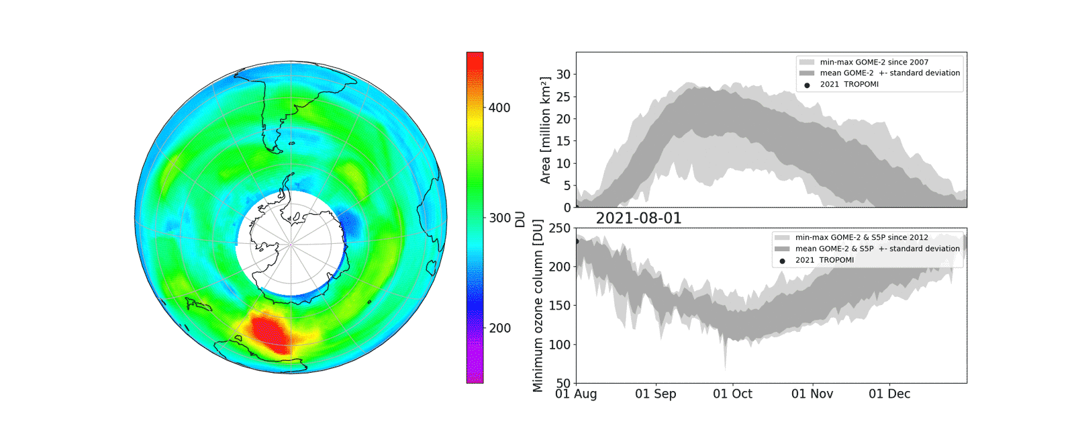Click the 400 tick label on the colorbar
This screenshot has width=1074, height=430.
[x=499, y=107]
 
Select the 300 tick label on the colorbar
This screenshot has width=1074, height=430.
[x=499, y=218]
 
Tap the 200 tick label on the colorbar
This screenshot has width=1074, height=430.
[x=499, y=328]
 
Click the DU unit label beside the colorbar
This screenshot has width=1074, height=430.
[x=520, y=219]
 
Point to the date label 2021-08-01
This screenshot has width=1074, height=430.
[x=638, y=218]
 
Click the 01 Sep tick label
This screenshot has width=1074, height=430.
[x=655, y=394]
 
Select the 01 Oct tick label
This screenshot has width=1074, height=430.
[x=732, y=394]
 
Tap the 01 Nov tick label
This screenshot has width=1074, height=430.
[x=812, y=394]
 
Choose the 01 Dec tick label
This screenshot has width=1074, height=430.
[x=889, y=394]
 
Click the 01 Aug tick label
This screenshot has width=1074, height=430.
[x=576, y=394]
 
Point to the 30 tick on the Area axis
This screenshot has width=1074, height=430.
[x=563, y=75]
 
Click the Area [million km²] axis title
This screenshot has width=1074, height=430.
[x=545, y=130]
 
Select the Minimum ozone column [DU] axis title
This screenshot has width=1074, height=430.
[x=538, y=306]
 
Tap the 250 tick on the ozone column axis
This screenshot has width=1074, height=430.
[x=559, y=228]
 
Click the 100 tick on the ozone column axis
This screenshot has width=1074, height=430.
[x=559, y=345]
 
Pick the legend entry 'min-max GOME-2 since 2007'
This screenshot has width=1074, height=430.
[x=874, y=62]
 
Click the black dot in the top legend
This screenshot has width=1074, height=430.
[x=807, y=85]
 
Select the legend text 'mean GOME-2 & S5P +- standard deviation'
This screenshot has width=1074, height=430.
[x=877, y=249]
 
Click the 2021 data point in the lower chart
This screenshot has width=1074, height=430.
[x=577, y=241]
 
